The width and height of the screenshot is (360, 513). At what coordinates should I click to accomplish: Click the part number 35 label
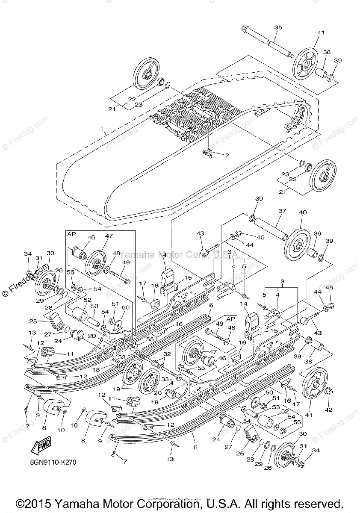[x=278, y=27]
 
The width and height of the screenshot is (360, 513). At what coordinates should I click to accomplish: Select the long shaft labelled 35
[x=269, y=42]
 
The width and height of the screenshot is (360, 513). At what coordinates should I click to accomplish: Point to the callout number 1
[x=101, y=129]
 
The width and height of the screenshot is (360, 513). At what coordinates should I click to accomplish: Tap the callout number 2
[x=227, y=155]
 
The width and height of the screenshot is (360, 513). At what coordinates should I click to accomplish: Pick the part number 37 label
[x=282, y=212]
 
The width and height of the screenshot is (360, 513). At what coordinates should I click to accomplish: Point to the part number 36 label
[x=317, y=233]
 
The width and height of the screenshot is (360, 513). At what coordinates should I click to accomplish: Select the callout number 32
[x=166, y=354]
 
